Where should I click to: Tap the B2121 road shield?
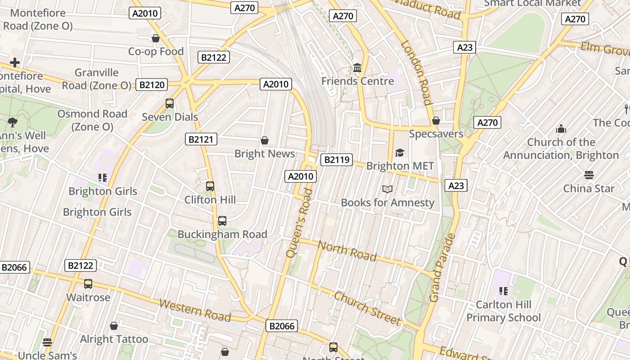(201, 139)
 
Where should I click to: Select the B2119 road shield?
(336, 159)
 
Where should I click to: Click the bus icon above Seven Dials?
(170, 103)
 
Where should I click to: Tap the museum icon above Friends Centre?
(357, 68)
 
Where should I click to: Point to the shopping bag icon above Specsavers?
(436, 121)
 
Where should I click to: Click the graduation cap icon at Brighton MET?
(400, 153)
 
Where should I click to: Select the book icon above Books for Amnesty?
(387, 189)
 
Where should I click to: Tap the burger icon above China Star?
(589, 175)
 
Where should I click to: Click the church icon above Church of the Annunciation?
(561, 129)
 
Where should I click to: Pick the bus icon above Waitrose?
(88, 284)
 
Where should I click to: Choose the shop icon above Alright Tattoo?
(114, 326)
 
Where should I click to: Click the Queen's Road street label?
(299, 223)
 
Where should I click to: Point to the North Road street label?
(347, 251)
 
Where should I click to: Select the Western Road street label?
(195, 310)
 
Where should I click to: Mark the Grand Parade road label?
(443, 267)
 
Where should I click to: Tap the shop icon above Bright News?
(265, 141)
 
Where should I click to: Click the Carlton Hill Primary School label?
(504, 311)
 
